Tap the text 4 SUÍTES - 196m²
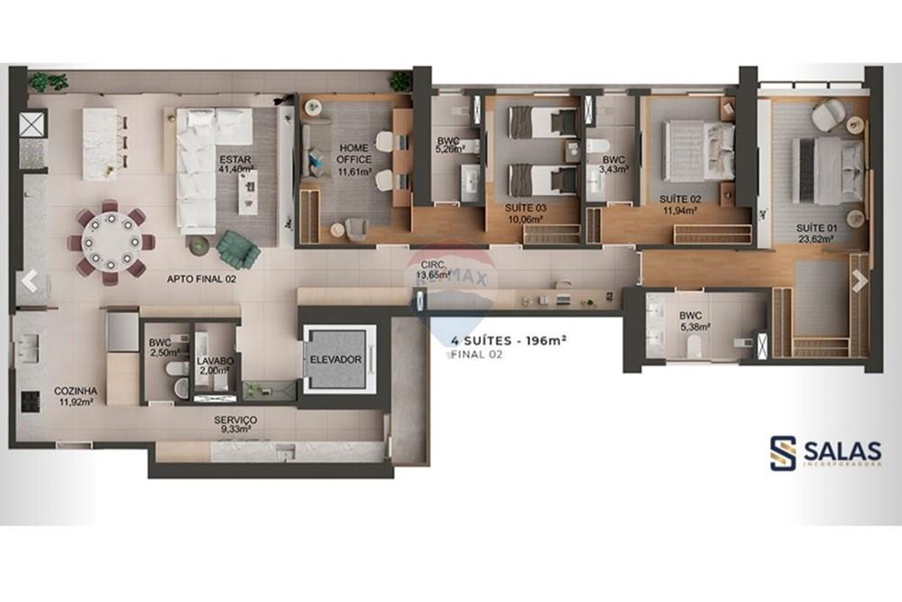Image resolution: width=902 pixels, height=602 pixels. pyautogui.click(x=508, y=340)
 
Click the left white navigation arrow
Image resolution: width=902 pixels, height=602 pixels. pyautogui.click(x=30, y=281)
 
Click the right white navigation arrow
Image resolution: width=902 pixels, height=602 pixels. pyautogui.click(x=860, y=281)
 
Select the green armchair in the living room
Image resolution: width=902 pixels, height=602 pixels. pyautogui.click(x=237, y=247)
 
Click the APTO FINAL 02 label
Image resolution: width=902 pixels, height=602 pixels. pyautogui.click(x=201, y=280)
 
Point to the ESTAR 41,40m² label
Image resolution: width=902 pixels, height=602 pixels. pyautogui.click(x=235, y=165)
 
